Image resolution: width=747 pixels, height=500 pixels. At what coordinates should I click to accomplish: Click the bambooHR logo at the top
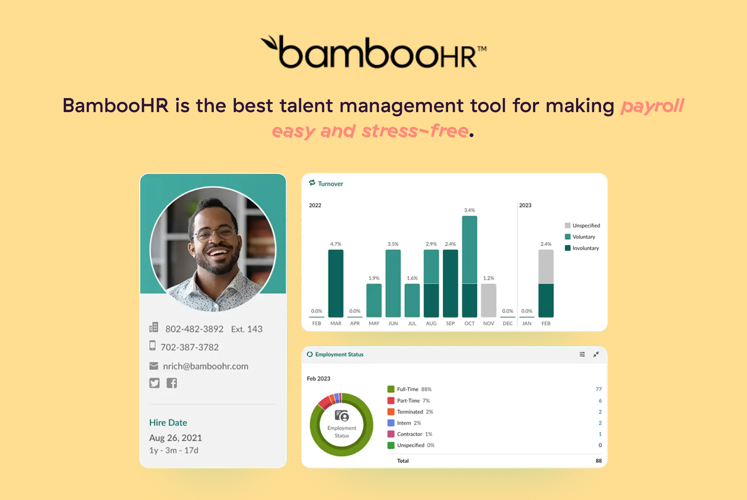coord(373,52)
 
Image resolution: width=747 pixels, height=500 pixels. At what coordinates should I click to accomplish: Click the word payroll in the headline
coord(652,106)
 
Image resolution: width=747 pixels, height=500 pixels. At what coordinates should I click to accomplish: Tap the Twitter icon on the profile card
coord(154,383)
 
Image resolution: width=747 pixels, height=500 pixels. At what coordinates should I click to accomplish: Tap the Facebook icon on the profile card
coord(172,383)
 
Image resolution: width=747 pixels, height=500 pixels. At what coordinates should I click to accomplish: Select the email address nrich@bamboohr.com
coord(206,366)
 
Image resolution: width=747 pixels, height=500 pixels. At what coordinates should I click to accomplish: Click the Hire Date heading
coord(168,422)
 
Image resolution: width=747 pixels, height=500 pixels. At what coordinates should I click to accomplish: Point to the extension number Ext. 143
coord(247,329)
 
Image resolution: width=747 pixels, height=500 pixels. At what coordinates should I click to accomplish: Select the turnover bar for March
coord(336,283)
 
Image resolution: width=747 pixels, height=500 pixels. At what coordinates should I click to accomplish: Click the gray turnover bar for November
coord(489,300)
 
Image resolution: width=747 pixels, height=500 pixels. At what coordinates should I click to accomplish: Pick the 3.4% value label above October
coord(469,210)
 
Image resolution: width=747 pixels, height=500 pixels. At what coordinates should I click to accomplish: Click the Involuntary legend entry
coord(585,248)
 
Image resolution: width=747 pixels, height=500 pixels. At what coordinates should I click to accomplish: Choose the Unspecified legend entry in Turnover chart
coord(586,226)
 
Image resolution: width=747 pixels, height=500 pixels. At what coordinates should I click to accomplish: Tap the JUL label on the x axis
coord(412,323)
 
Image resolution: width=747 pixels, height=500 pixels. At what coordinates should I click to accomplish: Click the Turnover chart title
coord(330,184)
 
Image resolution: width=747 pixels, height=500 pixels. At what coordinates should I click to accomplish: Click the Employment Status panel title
coord(339,355)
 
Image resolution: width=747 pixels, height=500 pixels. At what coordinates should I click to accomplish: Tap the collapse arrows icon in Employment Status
coord(596,354)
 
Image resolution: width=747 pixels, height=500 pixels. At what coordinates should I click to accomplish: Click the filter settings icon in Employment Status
coord(582,354)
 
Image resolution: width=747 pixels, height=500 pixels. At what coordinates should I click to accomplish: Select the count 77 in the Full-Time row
coord(599,389)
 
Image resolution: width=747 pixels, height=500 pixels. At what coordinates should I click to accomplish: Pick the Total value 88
coord(599,461)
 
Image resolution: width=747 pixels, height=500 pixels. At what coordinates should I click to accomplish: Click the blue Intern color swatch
coord(391,423)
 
